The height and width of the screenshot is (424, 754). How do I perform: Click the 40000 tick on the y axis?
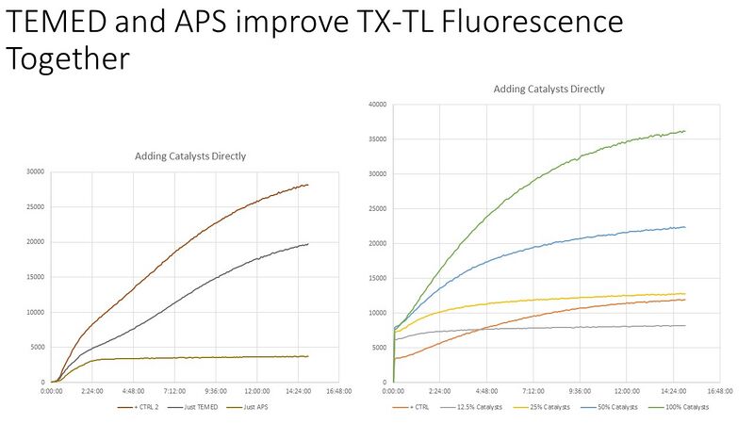[376, 104]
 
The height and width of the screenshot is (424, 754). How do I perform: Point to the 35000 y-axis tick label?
[376, 139]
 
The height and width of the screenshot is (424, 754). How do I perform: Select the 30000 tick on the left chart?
[35, 171]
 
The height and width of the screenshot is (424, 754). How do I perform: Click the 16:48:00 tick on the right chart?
[717, 389]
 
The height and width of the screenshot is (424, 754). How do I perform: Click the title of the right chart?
[549, 89]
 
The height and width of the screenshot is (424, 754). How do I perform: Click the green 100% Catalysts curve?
[565, 170]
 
